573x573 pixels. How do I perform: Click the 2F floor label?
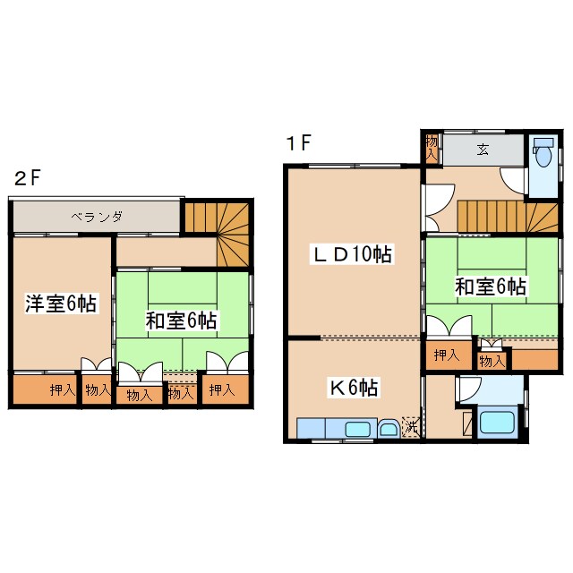tap(28, 177)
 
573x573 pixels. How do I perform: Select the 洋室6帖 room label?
tap(60, 304)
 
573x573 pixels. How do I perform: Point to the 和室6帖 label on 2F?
tap(184, 319)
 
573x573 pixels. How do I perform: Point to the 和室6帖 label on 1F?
tap(491, 286)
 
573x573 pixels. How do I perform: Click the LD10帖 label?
tap(351, 253)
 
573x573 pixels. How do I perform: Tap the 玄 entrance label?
tap(483, 150)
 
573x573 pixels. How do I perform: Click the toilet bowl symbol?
tap(543, 154)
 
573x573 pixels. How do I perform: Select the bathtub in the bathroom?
tap(498, 422)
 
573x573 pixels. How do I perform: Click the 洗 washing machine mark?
tap(410, 427)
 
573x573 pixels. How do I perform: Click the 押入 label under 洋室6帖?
tap(62, 389)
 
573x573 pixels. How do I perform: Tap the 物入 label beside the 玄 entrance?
tap(432, 146)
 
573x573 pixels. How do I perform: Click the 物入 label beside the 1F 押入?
tap(491, 361)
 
